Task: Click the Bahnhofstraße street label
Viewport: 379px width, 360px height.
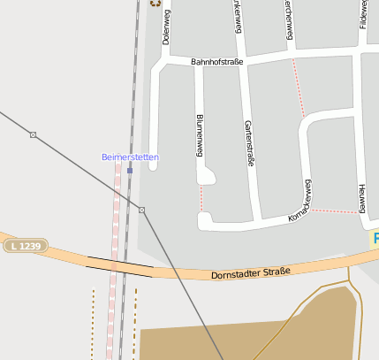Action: tap(216, 62)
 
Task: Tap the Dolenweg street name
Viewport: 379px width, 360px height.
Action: tap(166, 27)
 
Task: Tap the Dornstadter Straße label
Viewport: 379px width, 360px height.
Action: tap(251, 274)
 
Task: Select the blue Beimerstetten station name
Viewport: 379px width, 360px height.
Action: tap(130, 157)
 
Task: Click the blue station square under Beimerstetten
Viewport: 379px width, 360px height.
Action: tap(130, 170)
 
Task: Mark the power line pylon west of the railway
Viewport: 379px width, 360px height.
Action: tap(33, 134)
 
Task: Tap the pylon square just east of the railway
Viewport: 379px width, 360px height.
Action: tap(141, 210)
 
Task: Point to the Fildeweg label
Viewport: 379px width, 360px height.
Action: tap(364, 13)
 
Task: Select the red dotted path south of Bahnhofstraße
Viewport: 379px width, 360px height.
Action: tap(298, 88)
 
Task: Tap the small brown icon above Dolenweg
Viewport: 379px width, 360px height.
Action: tap(157, 3)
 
